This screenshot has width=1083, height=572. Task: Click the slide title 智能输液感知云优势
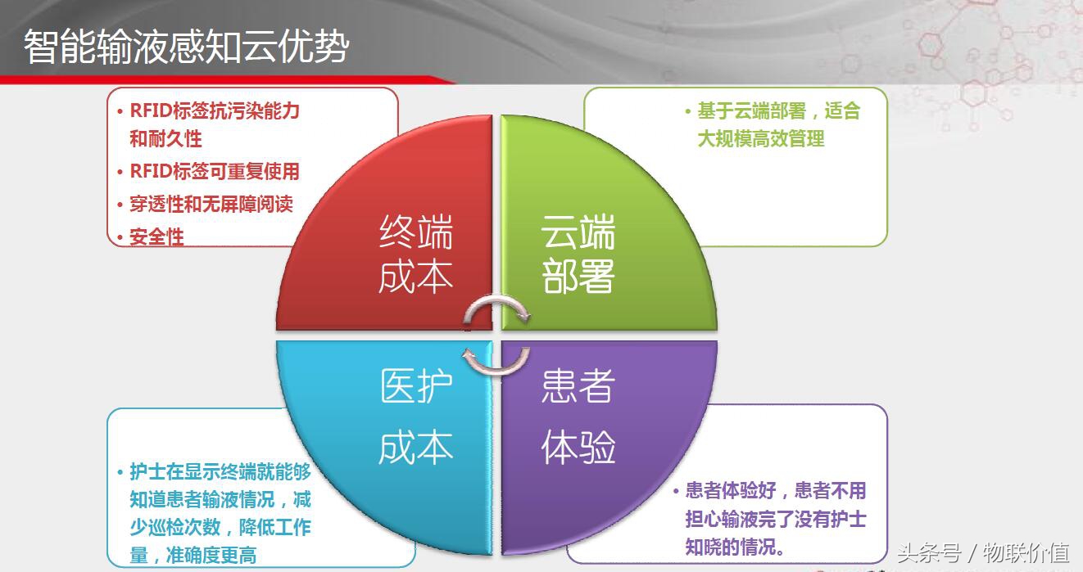coord(187,47)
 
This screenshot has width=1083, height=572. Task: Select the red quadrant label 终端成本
coord(415,254)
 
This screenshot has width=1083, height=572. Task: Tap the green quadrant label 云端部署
coord(578,254)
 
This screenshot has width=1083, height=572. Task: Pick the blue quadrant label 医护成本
coord(415,417)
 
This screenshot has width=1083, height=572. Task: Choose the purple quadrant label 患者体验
coord(578,417)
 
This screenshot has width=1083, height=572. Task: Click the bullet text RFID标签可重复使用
coord(215,171)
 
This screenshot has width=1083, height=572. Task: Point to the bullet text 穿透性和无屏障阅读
coord(211,204)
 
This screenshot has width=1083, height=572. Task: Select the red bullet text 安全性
coord(156,237)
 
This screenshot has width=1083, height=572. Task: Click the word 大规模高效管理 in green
coord(761,138)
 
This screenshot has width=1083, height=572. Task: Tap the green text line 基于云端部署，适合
coord(778,110)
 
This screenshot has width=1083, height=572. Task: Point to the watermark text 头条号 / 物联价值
coord(983,552)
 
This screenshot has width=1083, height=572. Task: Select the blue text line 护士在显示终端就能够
coord(220,472)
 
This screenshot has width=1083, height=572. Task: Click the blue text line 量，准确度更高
coord(193,556)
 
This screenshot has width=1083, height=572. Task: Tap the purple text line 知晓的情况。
coord(735,547)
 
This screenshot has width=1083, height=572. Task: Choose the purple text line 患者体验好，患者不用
coord(775,490)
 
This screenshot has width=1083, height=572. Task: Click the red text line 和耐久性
coord(165,138)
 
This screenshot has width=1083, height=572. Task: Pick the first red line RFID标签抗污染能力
coord(215,110)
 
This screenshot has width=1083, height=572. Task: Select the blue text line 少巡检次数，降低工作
coord(220,528)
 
